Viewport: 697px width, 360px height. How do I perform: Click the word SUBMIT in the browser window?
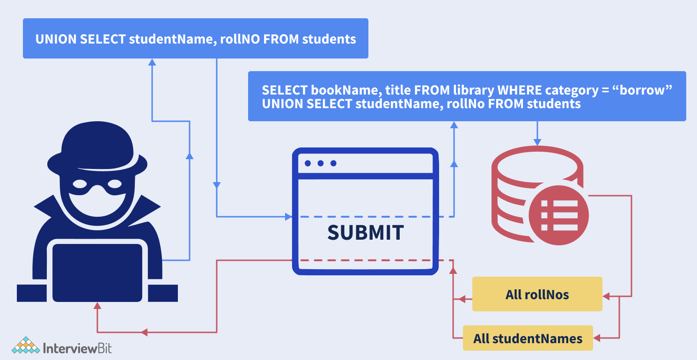pos(365,233)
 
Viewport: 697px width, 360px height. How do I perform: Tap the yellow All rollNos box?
pos(537,294)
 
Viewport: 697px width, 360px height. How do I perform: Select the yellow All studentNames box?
pos(528,338)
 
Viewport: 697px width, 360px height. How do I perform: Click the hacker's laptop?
pos(97,272)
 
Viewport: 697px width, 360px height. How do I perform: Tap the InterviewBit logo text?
pos(77,348)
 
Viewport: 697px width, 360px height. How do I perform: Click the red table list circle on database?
pos(560,216)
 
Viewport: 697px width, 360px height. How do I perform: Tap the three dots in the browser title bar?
pos(320,163)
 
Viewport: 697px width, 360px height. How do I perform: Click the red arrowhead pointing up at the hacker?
pos(97,306)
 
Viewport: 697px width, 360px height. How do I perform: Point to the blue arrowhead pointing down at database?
pos(537,141)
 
